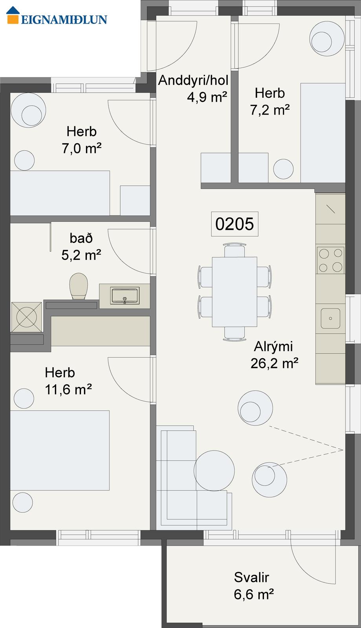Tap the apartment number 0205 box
[235, 224]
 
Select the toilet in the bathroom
[79, 286]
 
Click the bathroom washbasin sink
[125, 296]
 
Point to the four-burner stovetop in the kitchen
[330, 260]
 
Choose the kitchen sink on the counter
[330, 318]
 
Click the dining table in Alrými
[235, 292]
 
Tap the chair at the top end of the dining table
[235, 250]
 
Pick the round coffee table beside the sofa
[214, 471]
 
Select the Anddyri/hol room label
[193, 80]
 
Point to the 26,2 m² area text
[274, 363]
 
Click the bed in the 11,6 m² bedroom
[60, 451]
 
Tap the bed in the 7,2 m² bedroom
[323, 133]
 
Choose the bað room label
[81, 238]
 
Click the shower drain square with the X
[27, 317]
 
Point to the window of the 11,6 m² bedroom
[99, 537]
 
